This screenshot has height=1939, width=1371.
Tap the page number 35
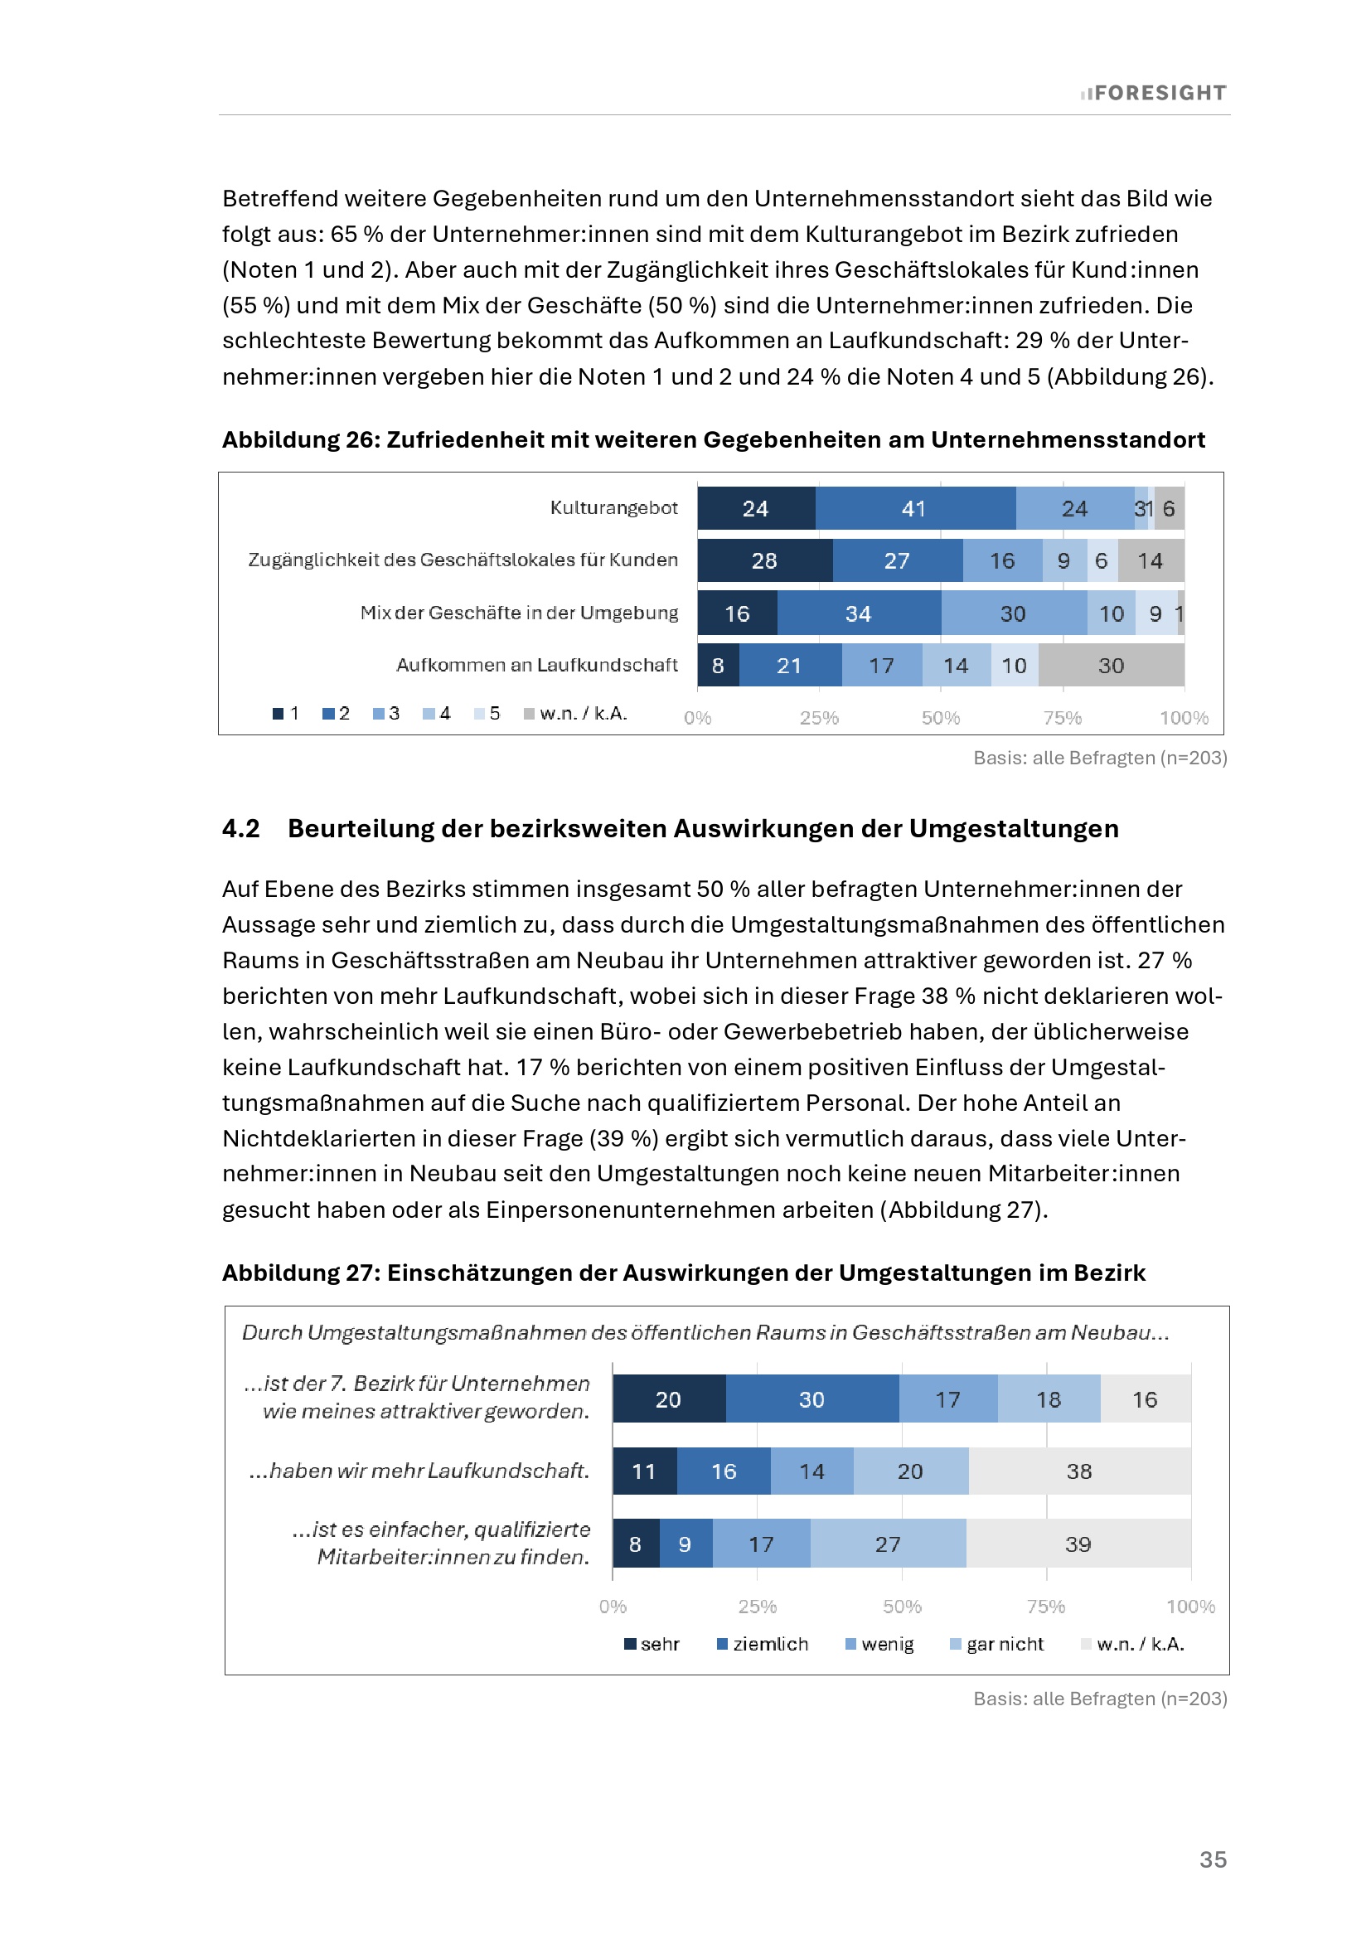pyautogui.click(x=1214, y=1859)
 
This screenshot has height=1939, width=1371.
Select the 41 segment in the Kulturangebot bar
pyautogui.click(x=914, y=508)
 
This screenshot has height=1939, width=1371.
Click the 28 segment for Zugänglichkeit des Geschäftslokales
pyautogui.click(x=764, y=560)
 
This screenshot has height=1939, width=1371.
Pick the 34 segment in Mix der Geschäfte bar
pyautogui.click(x=858, y=614)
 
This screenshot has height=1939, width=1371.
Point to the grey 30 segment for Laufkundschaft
pyautogui.click(x=1111, y=666)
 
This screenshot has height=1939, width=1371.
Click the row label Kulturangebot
pyautogui.click(x=613, y=507)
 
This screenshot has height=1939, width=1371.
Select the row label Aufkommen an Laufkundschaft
pyautogui.click(x=537, y=666)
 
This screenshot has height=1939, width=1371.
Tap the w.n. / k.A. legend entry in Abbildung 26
pyautogui.click(x=576, y=714)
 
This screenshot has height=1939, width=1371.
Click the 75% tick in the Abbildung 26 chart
pyautogui.click(x=1062, y=718)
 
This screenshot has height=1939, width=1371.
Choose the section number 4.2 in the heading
pyautogui.click(x=240, y=828)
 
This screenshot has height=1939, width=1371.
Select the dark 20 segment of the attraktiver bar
pyautogui.click(x=668, y=1399)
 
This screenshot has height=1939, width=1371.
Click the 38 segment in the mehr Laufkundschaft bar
pyautogui.click(x=1079, y=1471)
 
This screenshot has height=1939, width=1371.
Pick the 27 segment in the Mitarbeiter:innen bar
pyautogui.click(x=887, y=1544)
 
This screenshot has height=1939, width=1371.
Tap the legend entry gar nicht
pyautogui.click(x=997, y=1644)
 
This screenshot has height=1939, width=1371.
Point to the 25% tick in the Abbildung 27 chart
pyautogui.click(x=758, y=1607)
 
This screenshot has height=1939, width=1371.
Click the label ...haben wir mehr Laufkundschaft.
pyautogui.click(x=419, y=1471)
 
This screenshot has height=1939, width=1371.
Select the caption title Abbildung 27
pyautogui.click(x=683, y=1272)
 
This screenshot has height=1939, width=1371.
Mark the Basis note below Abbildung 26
pyautogui.click(x=1100, y=758)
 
